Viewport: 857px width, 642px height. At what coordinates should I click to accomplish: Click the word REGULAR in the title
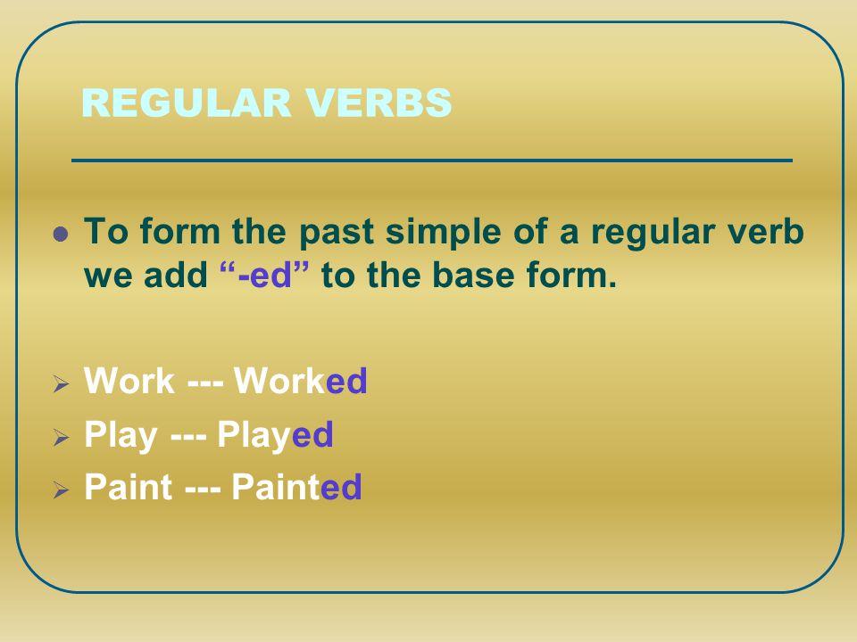pyautogui.click(x=186, y=103)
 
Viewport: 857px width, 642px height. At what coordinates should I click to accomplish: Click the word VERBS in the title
pyautogui.click(x=379, y=103)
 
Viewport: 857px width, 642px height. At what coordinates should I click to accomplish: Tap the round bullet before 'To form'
pyautogui.click(x=61, y=235)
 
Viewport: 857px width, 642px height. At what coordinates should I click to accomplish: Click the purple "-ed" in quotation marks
pyautogui.click(x=264, y=275)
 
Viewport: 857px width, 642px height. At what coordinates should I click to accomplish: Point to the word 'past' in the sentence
pyautogui.click(x=337, y=233)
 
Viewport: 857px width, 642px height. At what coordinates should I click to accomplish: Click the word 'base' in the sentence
pyautogui.click(x=474, y=275)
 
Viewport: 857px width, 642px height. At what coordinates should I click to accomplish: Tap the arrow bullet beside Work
pyautogui.click(x=61, y=383)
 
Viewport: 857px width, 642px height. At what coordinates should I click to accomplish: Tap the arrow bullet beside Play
pyautogui.click(x=61, y=437)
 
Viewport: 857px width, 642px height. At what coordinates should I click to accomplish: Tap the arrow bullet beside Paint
pyautogui.click(x=61, y=490)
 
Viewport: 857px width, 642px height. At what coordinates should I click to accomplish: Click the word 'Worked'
pyautogui.click(x=301, y=380)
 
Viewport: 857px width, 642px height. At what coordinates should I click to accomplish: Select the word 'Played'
pyautogui.click(x=276, y=435)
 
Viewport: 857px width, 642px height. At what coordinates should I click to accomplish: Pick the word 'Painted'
pyautogui.click(x=296, y=487)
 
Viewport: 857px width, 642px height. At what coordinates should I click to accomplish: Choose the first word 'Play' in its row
pyautogui.click(x=121, y=435)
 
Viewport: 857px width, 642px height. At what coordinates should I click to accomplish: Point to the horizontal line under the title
pyautogui.click(x=432, y=160)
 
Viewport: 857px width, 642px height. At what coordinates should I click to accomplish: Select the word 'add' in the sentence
pyautogui.click(x=176, y=275)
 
